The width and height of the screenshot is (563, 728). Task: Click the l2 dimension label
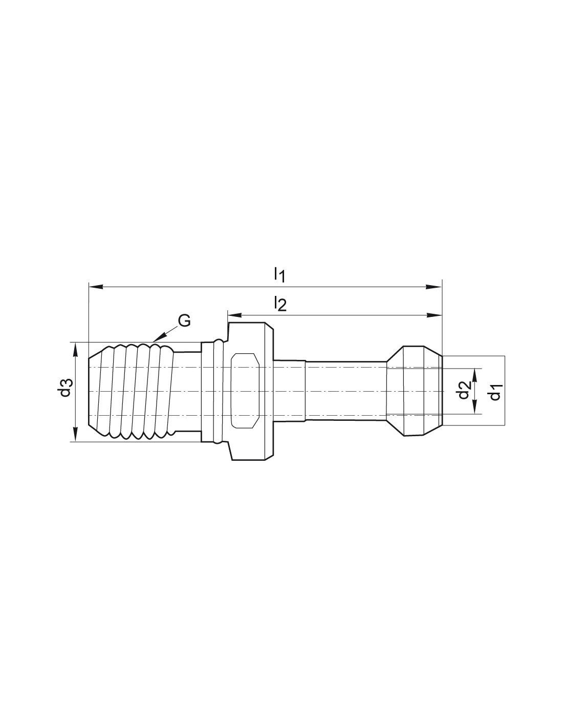pyautogui.click(x=280, y=304)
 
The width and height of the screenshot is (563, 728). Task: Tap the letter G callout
pyautogui.click(x=184, y=321)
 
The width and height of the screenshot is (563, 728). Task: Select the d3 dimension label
pyautogui.click(x=66, y=387)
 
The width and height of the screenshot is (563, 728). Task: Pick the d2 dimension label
pyautogui.click(x=465, y=390)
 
